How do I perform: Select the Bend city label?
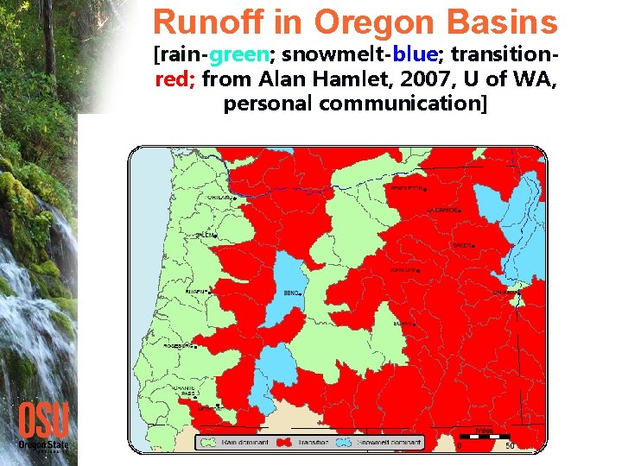click(x=291, y=293)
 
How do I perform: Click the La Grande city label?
click(x=442, y=210)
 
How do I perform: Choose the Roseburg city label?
click(x=179, y=345)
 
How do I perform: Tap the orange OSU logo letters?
click(x=42, y=421)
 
